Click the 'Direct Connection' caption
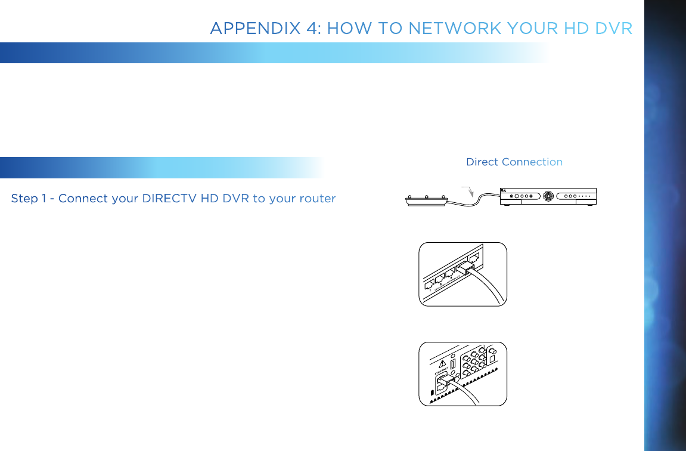(514, 162)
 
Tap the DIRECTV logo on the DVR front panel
(504, 191)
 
